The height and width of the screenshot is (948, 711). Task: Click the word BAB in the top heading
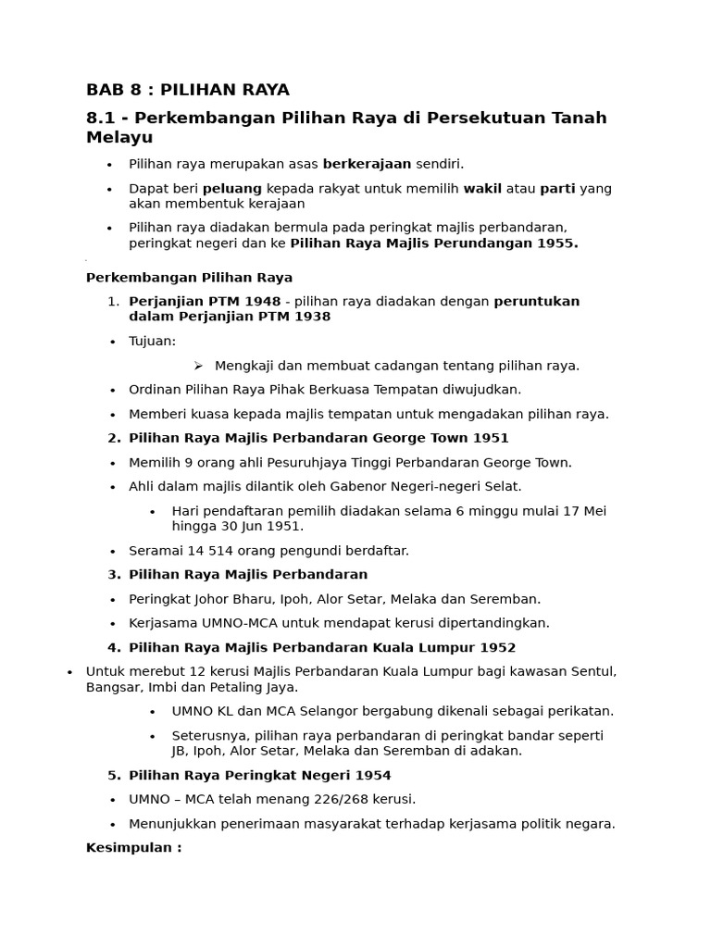pyautogui.click(x=104, y=90)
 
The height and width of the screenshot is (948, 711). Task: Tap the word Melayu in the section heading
pyautogui.click(x=119, y=137)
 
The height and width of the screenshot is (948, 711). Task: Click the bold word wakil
pyautogui.click(x=482, y=189)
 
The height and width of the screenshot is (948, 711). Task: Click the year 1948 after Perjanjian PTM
pyautogui.click(x=261, y=301)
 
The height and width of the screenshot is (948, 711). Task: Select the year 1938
pyautogui.click(x=311, y=317)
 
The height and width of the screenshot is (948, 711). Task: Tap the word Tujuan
pyautogui.click(x=152, y=341)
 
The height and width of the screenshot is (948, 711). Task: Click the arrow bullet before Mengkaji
pyautogui.click(x=198, y=366)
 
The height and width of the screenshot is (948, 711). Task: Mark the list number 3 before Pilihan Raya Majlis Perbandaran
pyautogui.click(x=112, y=575)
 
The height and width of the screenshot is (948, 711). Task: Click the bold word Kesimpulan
pyautogui.click(x=128, y=847)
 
